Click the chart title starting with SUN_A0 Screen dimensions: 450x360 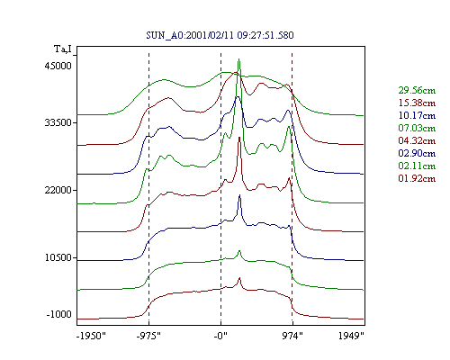[220, 35]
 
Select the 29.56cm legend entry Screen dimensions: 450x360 [417, 90]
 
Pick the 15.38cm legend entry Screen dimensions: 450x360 [417, 103]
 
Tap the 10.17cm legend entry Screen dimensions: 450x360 [417, 115]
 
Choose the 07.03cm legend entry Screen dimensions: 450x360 [417, 128]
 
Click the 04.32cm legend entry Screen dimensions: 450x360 [417, 140]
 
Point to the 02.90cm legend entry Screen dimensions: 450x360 [417, 153]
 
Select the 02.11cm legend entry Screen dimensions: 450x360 [417, 166]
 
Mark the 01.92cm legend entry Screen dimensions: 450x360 [417, 178]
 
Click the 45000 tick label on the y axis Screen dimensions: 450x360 [58, 66]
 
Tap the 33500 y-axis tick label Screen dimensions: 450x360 [58, 122]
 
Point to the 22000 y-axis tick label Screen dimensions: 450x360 [58, 190]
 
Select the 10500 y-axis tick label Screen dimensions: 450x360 [58, 257]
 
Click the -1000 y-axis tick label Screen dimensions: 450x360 [58, 314]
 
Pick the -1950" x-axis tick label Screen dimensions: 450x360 [91, 336]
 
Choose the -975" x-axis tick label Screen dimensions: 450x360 [148, 336]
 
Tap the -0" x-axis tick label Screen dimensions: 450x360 [220, 336]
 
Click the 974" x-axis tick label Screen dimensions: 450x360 [292, 336]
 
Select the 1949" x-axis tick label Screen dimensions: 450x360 [351, 336]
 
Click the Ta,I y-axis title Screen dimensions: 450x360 [63, 49]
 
